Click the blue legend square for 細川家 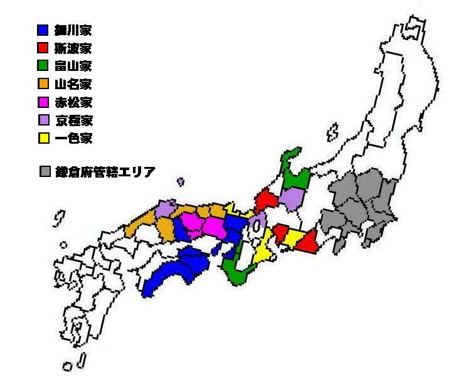click(43, 29)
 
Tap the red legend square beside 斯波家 click(43, 48)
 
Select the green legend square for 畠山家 click(43, 65)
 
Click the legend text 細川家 click(73, 29)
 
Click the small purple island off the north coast click(181, 182)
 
